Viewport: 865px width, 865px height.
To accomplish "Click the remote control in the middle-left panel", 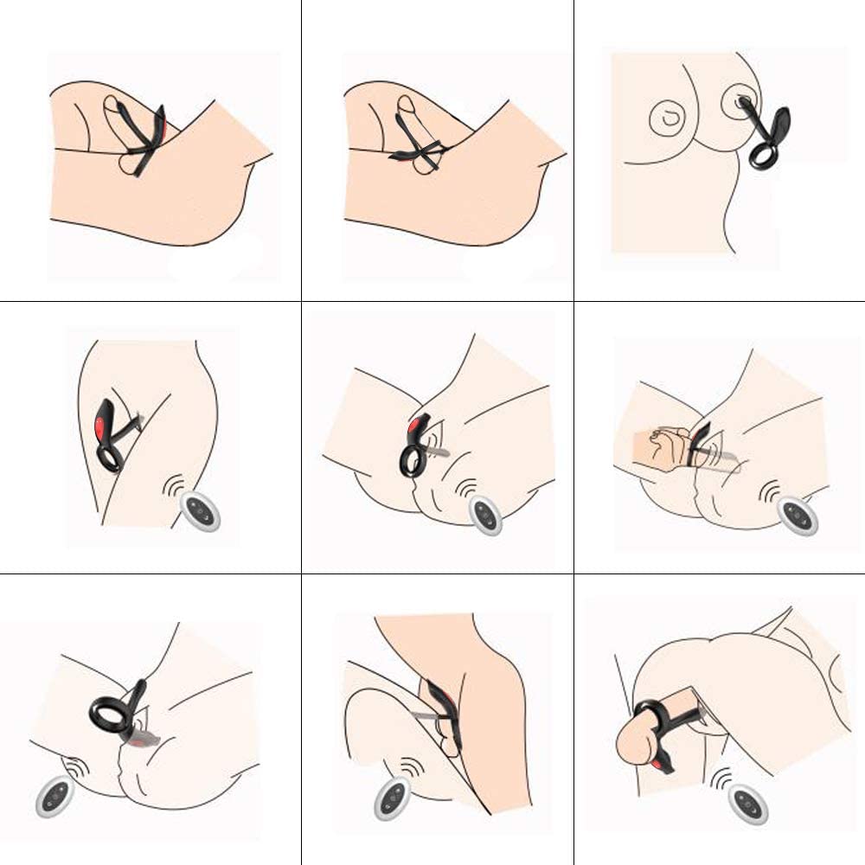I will coord(200,511).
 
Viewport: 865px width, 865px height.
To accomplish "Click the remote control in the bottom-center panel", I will coord(391,800).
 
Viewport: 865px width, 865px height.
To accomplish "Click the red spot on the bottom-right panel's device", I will coord(662,765).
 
